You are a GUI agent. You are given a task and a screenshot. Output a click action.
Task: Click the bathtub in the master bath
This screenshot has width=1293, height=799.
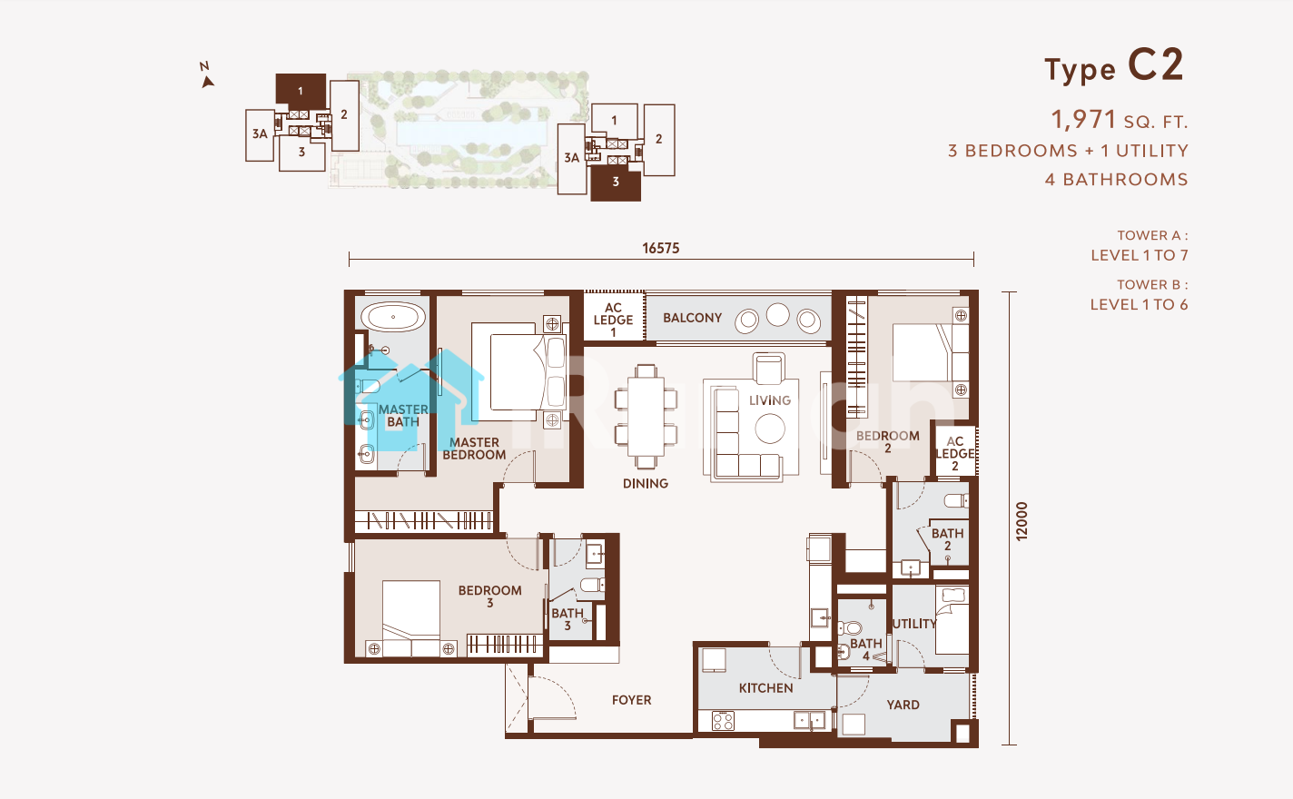pos(393,317)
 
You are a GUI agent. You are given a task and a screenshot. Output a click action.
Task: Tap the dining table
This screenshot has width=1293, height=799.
pos(646,416)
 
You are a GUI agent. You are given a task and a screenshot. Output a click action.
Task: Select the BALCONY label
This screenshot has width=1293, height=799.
pos(692,318)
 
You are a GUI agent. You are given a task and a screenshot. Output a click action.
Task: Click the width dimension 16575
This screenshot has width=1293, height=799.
pos(661,248)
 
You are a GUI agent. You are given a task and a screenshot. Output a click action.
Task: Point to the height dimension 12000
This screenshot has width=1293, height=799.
pos(1022,521)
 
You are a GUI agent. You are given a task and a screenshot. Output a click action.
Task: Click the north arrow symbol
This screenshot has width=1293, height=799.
pos(207,75)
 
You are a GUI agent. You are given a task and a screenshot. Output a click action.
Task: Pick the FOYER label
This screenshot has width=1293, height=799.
pos(631,700)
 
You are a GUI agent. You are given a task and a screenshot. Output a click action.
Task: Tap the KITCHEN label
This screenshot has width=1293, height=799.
pos(766,688)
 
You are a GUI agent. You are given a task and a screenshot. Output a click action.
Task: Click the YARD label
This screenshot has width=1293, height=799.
pos(903,705)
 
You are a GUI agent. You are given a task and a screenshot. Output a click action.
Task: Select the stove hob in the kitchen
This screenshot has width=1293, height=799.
pos(723,721)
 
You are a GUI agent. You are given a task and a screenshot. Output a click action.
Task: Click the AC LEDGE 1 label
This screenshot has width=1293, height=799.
pos(613,320)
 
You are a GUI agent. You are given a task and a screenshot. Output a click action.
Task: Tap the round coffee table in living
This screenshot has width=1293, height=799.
pos(770,429)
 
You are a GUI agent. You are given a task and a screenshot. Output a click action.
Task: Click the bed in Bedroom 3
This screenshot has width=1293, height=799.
pos(411,618)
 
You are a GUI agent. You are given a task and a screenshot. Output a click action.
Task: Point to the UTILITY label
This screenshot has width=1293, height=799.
pos(914,624)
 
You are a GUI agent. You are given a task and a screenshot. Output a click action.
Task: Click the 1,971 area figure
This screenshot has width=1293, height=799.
pos(1083,120)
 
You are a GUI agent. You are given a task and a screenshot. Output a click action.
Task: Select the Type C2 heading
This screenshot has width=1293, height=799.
pos(1114,67)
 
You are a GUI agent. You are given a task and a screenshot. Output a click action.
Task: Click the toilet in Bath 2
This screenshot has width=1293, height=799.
pos(956,500)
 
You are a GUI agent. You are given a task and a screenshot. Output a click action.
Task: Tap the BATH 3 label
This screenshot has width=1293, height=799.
pos(568,619)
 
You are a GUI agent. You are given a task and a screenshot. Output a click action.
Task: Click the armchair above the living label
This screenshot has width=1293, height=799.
pos(769,368)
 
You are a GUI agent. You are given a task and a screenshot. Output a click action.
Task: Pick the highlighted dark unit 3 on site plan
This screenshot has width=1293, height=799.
pos(616,182)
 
